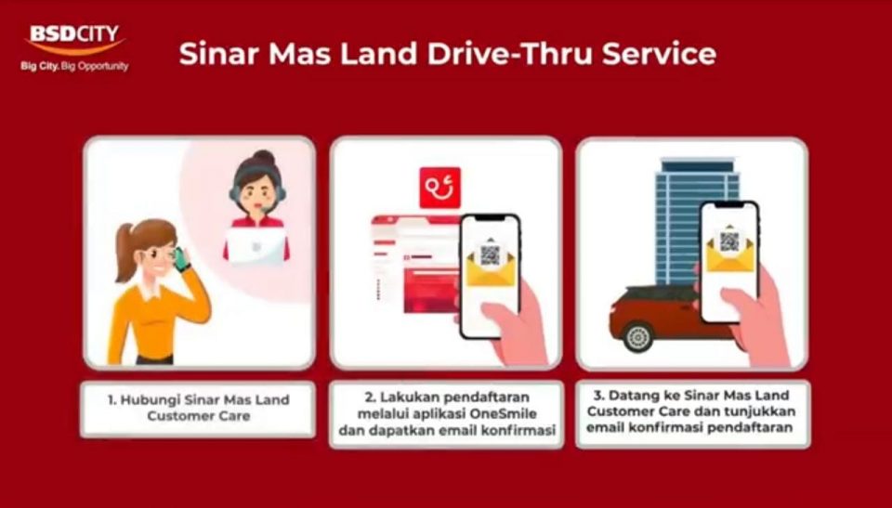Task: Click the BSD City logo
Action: [x=75, y=40]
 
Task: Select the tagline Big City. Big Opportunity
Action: [x=74, y=66]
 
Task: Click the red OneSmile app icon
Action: [x=439, y=188]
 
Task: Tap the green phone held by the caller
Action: [x=181, y=259]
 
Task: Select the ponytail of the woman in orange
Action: [x=125, y=252]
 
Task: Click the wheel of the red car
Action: [x=638, y=336]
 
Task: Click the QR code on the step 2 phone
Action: [x=490, y=254]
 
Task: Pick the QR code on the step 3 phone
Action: [x=729, y=241]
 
